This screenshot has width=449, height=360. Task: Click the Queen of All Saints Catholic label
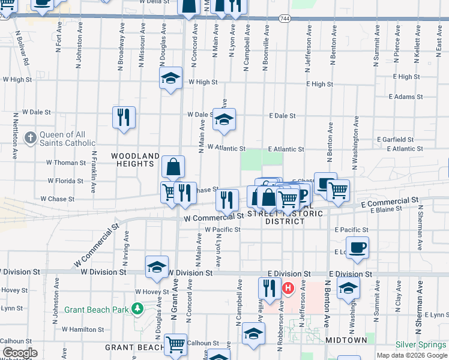coord(67,139)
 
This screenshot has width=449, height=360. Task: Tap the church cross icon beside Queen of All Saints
coord(30,139)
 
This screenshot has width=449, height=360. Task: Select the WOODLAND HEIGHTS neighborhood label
coord(136,160)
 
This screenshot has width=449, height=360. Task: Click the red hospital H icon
coord(288,288)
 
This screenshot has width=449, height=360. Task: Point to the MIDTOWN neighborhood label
coord(346,340)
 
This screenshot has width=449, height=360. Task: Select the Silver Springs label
coord(421,345)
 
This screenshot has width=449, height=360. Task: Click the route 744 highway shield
coord(283,19)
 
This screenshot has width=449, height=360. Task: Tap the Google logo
coord(20,353)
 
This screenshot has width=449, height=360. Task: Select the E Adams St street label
coord(406,97)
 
